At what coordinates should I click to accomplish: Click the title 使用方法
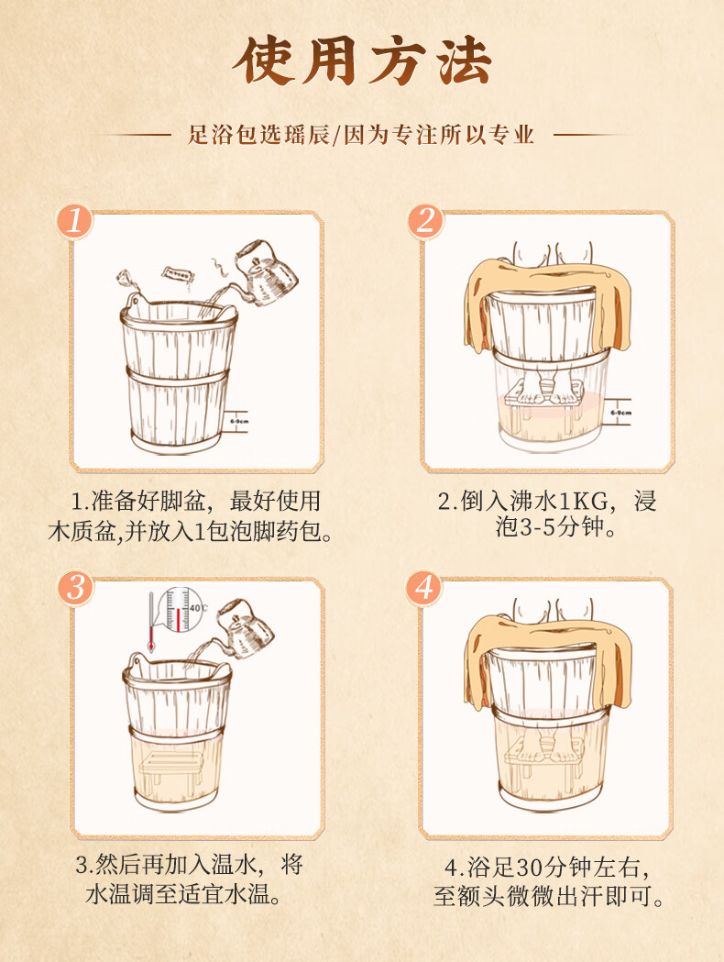coord(362,61)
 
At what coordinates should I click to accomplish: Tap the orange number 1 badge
coord(74,221)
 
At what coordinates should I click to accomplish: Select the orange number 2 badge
coord(425,221)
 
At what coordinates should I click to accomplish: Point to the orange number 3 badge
coord(75,588)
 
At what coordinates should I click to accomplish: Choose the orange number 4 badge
coord(424,588)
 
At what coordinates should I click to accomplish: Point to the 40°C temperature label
coord(198,607)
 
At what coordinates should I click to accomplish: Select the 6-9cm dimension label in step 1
coord(240,422)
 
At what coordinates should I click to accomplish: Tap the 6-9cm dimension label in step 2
coord(621,413)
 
